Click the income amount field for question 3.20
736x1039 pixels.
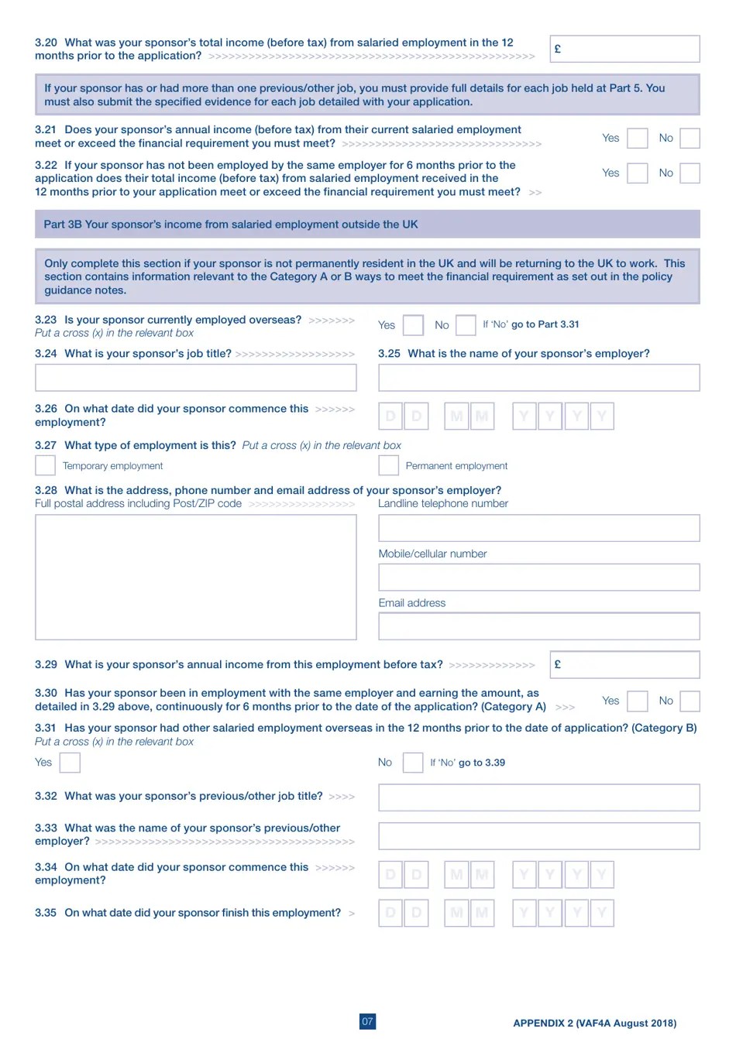pyautogui.click(x=624, y=49)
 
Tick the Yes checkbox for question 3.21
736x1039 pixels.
pyautogui.click(x=637, y=139)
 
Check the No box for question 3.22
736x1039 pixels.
pyautogui.click(x=689, y=173)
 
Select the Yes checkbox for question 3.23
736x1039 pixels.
pyautogui.click(x=414, y=325)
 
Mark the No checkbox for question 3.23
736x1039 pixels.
pyautogui.click(x=466, y=325)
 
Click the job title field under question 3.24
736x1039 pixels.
pyautogui.click(x=195, y=378)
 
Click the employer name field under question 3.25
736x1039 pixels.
pyautogui.click(x=538, y=378)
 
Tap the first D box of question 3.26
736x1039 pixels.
pyautogui.click(x=390, y=417)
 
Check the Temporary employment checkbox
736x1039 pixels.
pyautogui.click(x=46, y=465)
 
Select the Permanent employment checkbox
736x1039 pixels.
pyautogui.click(x=388, y=465)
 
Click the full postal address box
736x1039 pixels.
pyautogui.click(x=195, y=577)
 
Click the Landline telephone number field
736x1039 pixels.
pyautogui.click(x=538, y=528)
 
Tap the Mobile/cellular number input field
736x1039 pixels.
pyautogui.click(x=538, y=578)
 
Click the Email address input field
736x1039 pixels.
pyautogui.click(x=538, y=626)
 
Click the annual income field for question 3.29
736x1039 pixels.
pyautogui.click(x=624, y=665)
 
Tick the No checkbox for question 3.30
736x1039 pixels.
pyautogui.click(x=689, y=701)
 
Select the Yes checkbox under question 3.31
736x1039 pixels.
pyautogui.click(x=70, y=763)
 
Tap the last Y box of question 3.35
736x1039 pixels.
pyautogui.click(x=602, y=913)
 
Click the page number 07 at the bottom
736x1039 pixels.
pyautogui.click(x=367, y=1021)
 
